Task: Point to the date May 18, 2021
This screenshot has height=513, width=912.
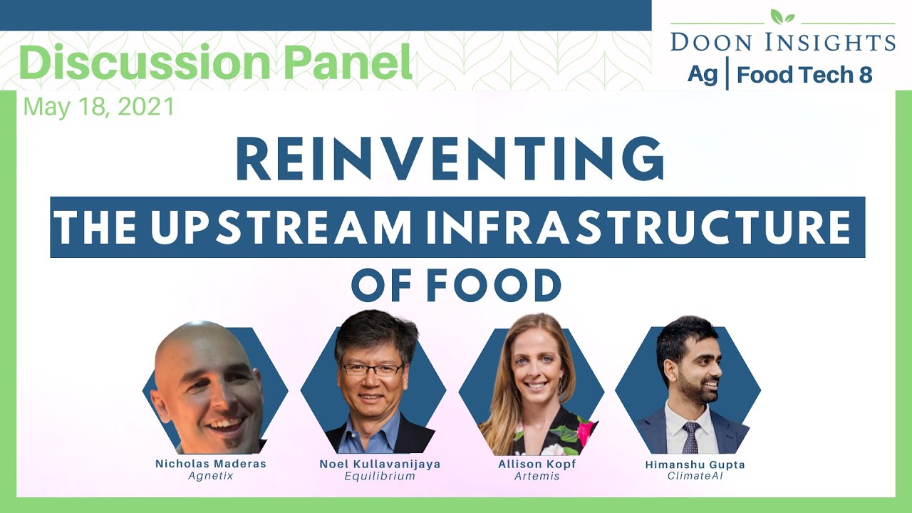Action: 99,107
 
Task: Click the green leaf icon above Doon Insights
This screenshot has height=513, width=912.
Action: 782,16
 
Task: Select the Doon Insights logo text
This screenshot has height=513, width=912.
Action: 782,41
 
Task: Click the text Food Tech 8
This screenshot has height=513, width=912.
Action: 804,74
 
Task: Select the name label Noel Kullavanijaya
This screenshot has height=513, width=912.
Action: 380,464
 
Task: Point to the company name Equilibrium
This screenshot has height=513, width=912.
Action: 379,475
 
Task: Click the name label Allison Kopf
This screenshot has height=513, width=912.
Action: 537,464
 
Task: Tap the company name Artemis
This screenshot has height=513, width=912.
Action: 537,475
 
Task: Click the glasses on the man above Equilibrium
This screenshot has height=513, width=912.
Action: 370,369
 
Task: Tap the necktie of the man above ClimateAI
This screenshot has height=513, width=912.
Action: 690,437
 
